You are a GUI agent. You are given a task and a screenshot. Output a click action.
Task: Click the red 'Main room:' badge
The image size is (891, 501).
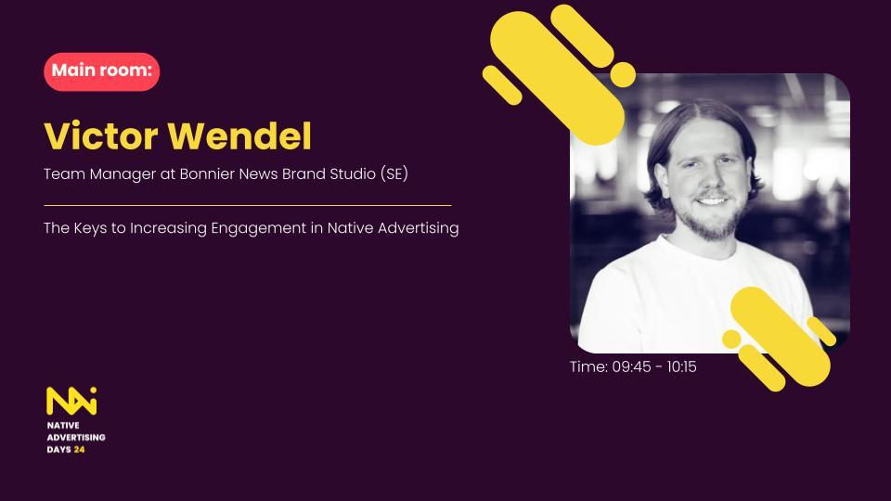click(102, 71)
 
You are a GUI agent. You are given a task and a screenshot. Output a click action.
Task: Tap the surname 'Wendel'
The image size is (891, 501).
click(239, 135)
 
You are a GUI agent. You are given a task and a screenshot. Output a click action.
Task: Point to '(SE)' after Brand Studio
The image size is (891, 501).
click(394, 173)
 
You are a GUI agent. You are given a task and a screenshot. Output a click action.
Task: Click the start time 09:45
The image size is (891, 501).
click(631, 367)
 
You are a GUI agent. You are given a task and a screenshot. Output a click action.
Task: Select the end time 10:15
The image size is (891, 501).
click(682, 367)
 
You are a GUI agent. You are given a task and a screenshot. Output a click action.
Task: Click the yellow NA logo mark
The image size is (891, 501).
click(71, 401)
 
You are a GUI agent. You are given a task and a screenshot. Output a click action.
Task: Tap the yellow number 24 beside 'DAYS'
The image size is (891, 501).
click(80, 450)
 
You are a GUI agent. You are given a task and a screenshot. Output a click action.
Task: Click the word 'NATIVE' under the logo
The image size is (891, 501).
click(63, 426)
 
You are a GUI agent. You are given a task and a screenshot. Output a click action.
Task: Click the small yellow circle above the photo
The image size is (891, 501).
click(623, 74)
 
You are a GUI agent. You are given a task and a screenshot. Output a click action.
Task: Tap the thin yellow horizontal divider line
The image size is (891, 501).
click(248, 205)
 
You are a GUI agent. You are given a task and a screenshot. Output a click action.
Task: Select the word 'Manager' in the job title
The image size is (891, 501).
click(123, 174)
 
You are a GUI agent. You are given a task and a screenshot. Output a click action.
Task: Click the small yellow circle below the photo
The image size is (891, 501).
click(731, 340)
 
